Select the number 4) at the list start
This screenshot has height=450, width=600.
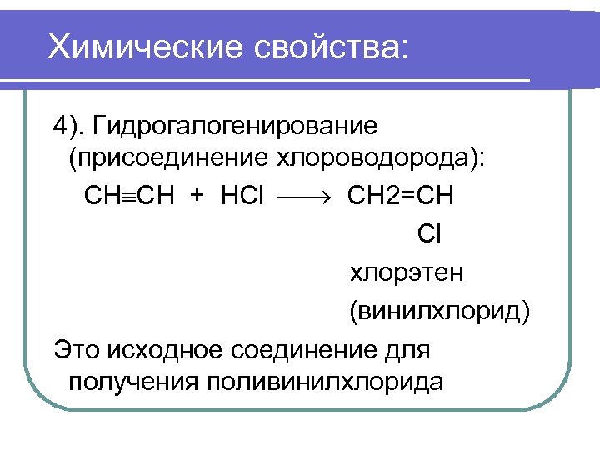(x=68, y=126)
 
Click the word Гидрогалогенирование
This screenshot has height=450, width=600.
(x=236, y=126)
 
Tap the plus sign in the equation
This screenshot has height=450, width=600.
(x=197, y=196)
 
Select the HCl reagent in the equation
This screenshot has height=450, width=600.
(x=242, y=196)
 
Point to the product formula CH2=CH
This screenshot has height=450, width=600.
(x=401, y=196)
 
